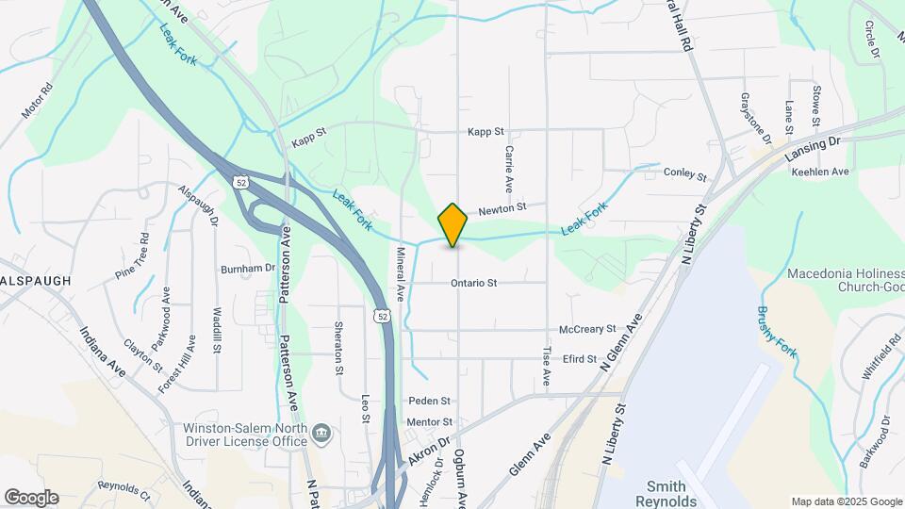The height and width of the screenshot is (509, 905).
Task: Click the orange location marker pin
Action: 453,225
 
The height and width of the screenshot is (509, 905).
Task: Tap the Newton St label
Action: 500,207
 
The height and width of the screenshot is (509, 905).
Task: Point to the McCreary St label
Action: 586,329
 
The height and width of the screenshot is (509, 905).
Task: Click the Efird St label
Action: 579,359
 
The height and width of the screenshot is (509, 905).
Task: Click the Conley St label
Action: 684,174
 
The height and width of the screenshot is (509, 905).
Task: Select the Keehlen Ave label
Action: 820,172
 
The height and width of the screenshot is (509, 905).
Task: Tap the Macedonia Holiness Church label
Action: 846,281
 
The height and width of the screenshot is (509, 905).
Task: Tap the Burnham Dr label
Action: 247,269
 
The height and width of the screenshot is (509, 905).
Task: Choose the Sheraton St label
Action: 338,348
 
